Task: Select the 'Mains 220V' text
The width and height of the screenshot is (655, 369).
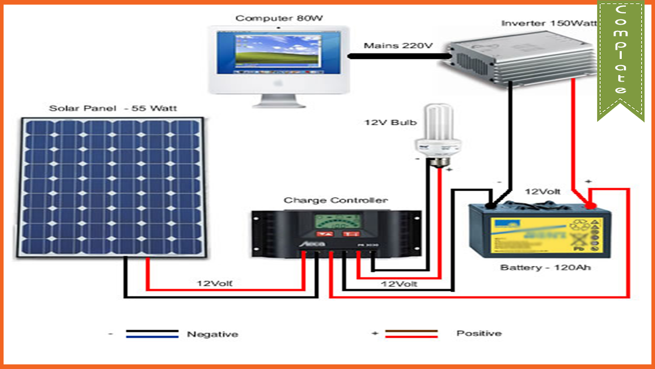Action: pos(398,46)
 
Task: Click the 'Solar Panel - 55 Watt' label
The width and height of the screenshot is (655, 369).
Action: pos(113,108)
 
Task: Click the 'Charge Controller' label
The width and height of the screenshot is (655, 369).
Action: pos(336,200)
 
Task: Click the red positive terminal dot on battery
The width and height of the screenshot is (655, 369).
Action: pos(591,206)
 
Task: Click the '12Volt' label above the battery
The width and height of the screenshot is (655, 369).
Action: pos(542,192)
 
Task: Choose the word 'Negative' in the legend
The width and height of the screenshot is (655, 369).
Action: pos(212,334)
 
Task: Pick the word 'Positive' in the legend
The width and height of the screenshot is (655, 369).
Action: pos(478,333)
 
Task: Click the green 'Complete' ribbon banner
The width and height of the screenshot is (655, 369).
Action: pos(620,56)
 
